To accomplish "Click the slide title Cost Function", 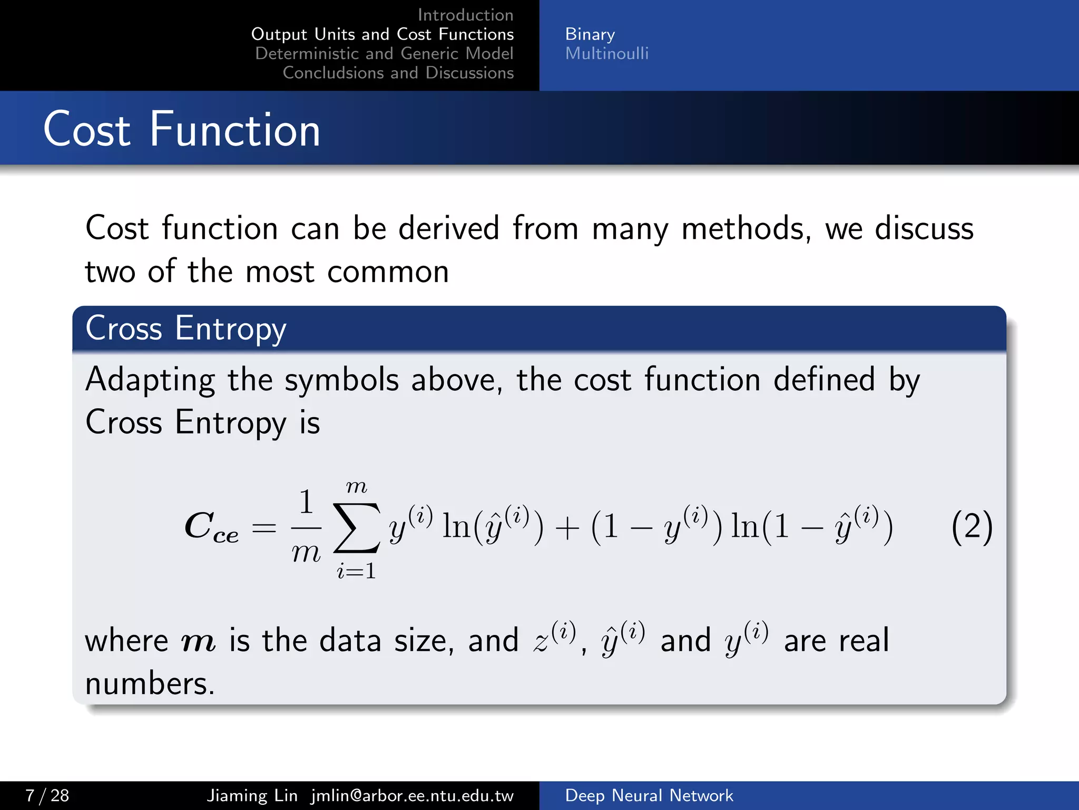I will click(182, 129).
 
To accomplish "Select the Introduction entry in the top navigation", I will click(465, 15).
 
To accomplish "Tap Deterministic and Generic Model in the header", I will click(384, 53).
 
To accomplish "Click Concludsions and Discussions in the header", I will click(398, 73).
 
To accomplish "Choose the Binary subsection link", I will click(590, 34).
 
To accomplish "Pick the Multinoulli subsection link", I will click(606, 53).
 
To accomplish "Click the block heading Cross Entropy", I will click(185, 329).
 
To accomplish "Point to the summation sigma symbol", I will click(357, 527).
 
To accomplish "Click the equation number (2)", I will click(972, 527).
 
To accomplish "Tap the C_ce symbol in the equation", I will click(211, 527).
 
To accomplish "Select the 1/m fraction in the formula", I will click(306, 526).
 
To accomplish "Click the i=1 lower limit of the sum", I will click(356, 571).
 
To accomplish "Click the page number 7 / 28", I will click(47, 795).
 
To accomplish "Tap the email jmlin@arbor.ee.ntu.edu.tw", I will click(412, 795).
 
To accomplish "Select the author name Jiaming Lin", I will click(252, 795).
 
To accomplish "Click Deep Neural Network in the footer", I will click(649, 795).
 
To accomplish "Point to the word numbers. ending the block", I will click(150, 683).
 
